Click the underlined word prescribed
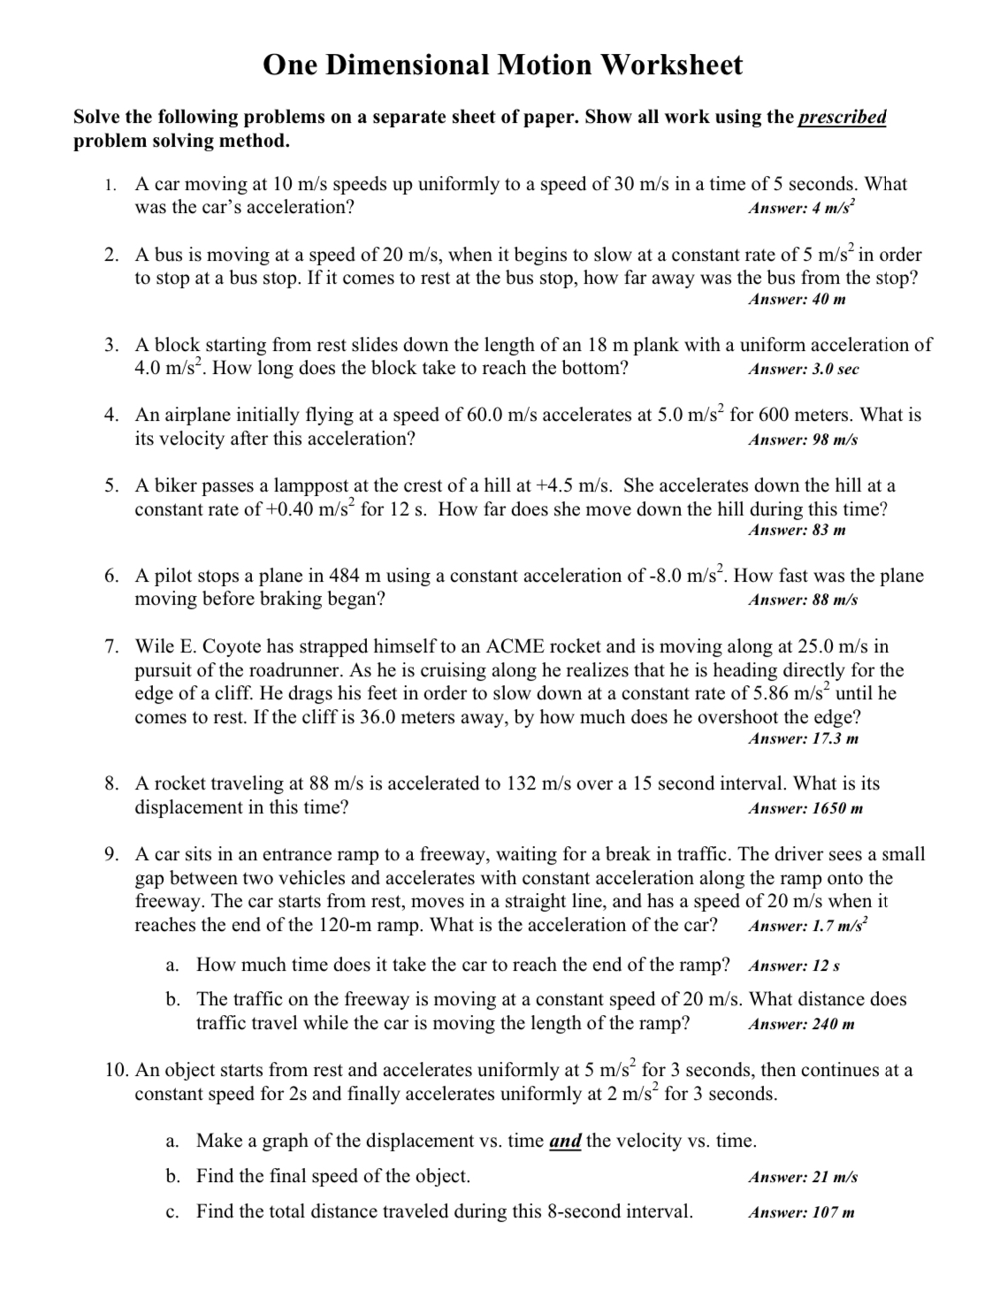pyautogui.click(x=842, y=118)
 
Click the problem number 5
pyautogui.click(x=111, y=486)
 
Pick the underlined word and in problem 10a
pyautogui.click(x=565, y=1141)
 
